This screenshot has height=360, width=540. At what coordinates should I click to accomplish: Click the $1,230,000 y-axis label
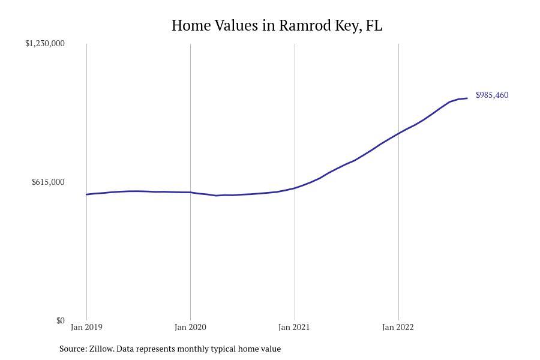pyautogui.click(x=45, y=43)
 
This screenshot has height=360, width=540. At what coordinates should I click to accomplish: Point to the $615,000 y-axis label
pyautogui.click(x=48, y=182)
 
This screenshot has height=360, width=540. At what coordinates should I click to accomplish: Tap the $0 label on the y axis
pyautogui.click(x=60, y=320)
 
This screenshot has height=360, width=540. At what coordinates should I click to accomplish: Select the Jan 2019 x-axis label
pyautogui.click(x=86, y=328)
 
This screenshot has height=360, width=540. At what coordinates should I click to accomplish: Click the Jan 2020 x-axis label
pyautogui.click(x=190, y=328)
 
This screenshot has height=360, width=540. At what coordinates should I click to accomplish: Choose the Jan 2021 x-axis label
pyautogui.click(x=294, y=328)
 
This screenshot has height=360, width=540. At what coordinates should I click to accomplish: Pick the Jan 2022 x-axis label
pyautogui.click(x=398, y=328)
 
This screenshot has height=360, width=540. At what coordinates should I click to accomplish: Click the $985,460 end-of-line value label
pyautogui.click(x=492, y=95)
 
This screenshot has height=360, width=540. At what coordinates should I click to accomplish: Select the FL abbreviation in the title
pyautogui.click(x=374, y=26)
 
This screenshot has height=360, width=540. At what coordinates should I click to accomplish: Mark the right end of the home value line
pyautogui.click(x=467, y=98)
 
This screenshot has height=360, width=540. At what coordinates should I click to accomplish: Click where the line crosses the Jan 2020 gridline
pyautogui.click(x=190, y=193)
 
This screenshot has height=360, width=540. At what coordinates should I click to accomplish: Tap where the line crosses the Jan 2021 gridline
pyautogui.click(x=295, y=188)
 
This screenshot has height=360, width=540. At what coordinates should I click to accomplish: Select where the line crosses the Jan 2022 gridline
pyautogui.click(x=398, y=133)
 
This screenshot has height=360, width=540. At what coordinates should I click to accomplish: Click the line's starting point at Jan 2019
pyautogui.click(x=86, y=194)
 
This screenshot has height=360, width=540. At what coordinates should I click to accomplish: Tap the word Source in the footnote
pyautogui.click(x=73, y=349)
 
